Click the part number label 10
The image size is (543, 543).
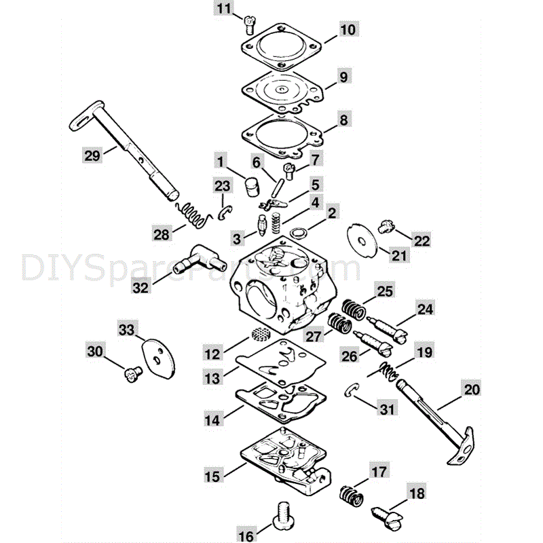click(x=347, y=30)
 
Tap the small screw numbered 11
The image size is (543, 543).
click(x=248, y=26)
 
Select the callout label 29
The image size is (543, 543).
click(x=92, y=155)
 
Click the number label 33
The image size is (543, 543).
click(x=127, y=329)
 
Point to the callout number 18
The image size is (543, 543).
click(x=415, y=493)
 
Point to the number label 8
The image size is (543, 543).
click(x=343, y=121)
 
